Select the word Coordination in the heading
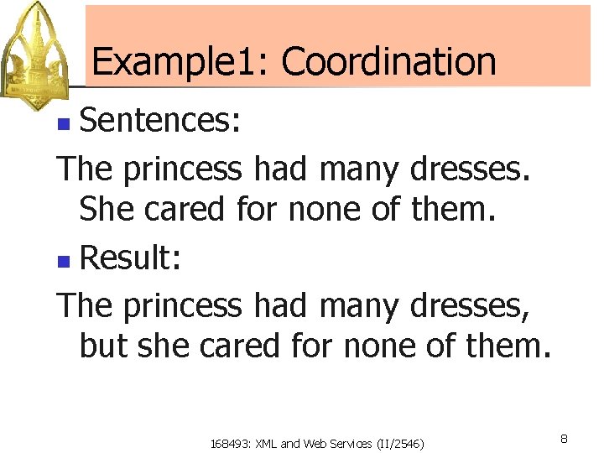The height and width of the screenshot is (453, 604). [x=388, y=62]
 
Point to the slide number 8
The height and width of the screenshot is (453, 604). [x=565, y=439]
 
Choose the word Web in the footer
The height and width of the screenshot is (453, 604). [x=310, y=443]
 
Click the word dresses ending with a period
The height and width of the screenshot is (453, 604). [x=471, y=169]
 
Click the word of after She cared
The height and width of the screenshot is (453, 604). [x=386, y=209]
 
